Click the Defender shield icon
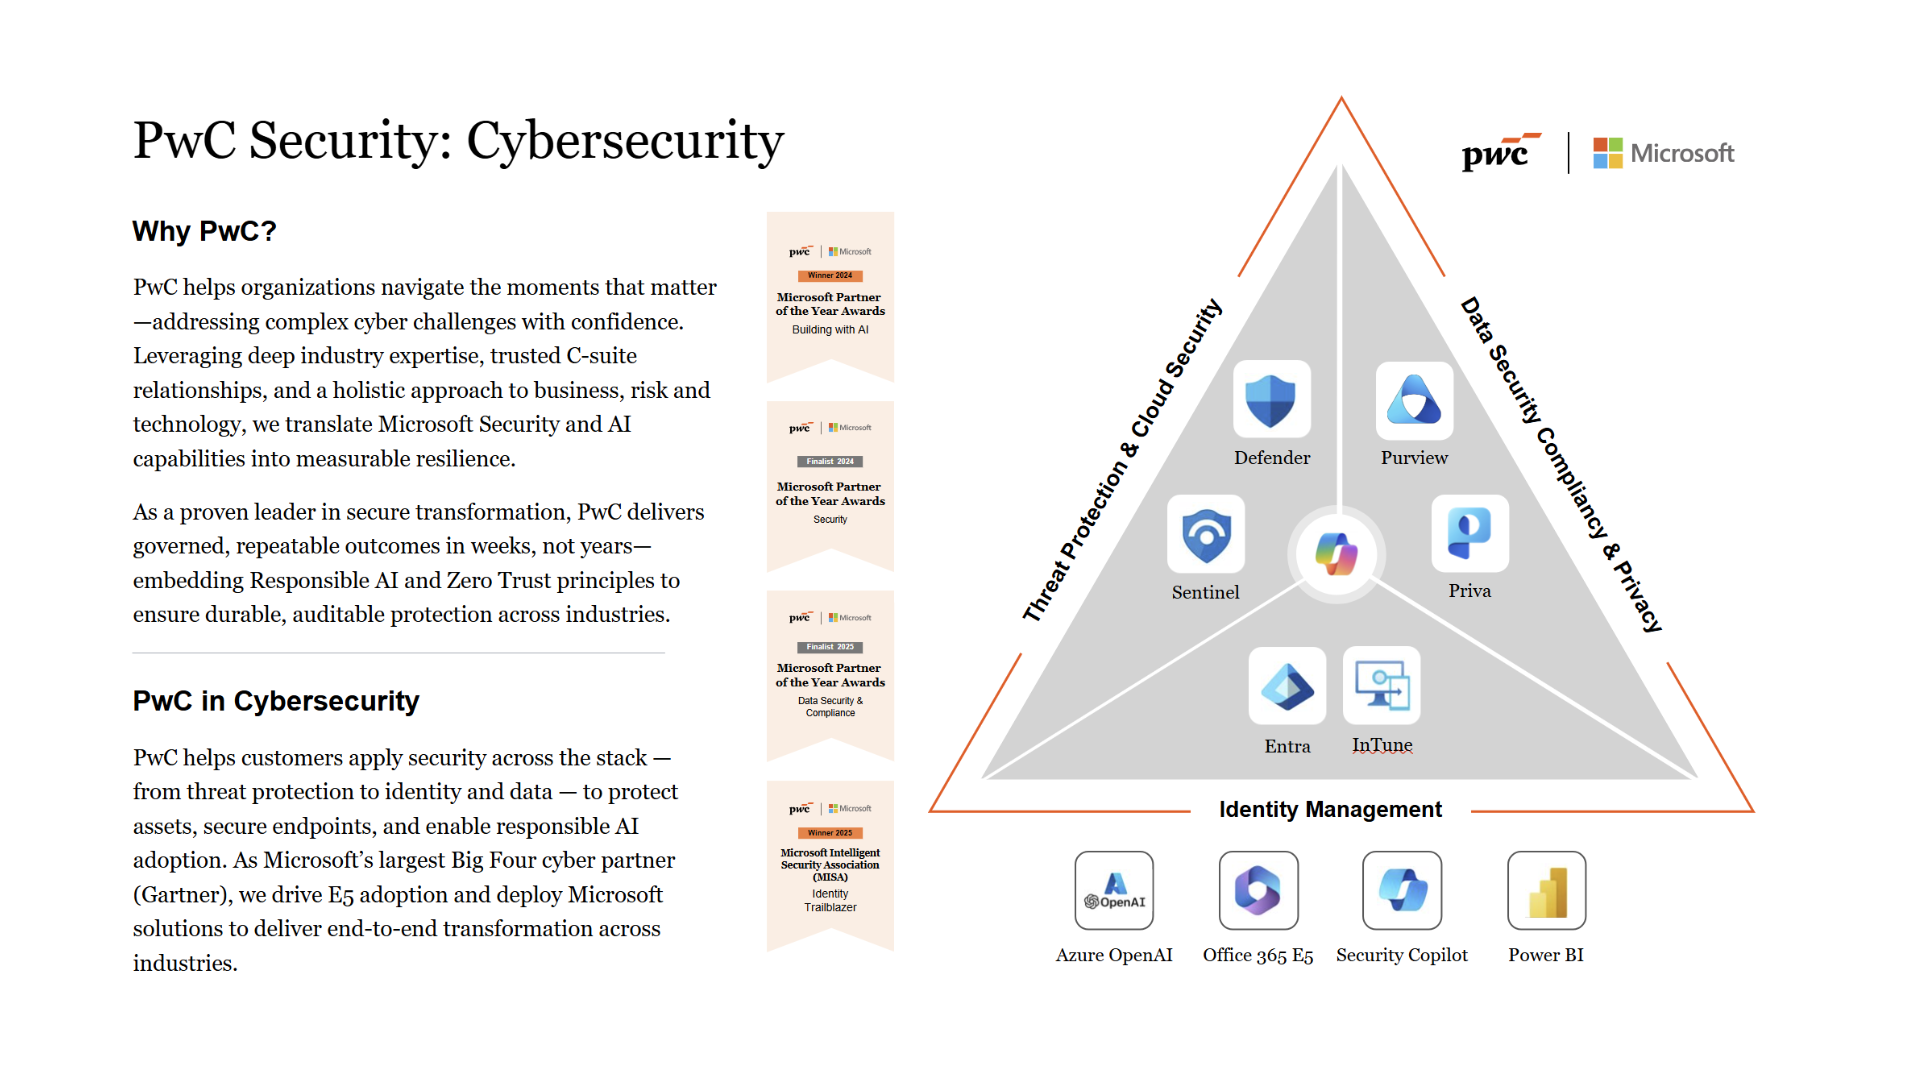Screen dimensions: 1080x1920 coord(1271,400)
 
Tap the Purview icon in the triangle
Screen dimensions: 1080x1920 coord(1414,400)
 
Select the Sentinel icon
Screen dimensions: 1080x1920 coord(1206,534)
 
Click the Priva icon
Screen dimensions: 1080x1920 coord(1469,533)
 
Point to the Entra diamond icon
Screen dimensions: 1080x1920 coord(1287,686)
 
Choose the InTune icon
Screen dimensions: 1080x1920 coord(1382,686)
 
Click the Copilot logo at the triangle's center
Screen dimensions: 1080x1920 coord(1337,554)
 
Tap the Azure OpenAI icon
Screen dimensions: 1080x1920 coord(1114,890)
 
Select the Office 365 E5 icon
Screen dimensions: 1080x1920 coord(1258,890)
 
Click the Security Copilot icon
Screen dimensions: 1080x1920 coord(1402,890)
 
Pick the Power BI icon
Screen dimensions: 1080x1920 coord(1546,890)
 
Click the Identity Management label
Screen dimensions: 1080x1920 coord(1330,810)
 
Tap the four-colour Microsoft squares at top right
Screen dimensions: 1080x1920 coord(1608,153)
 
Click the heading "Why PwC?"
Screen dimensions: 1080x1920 coord(204,232)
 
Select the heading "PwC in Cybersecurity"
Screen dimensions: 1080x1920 coord(276,701)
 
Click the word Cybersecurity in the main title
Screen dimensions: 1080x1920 coord(625,141)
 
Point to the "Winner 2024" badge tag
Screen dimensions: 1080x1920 coord(830,275)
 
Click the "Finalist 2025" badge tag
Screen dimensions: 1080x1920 coord(830,647)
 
